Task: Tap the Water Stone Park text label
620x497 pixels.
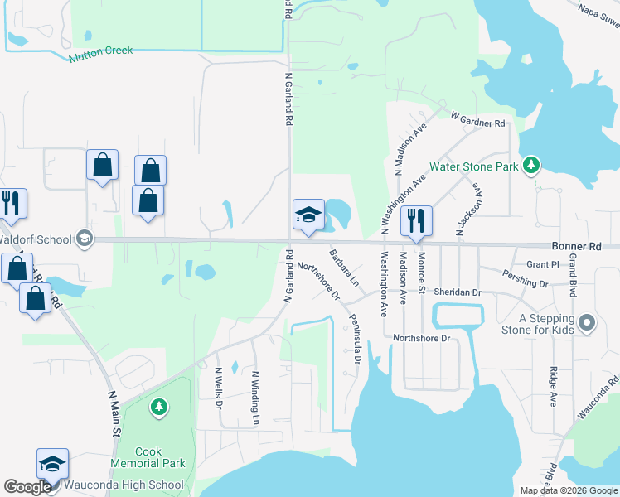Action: [474, 166]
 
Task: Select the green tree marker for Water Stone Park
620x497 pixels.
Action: [531, 166]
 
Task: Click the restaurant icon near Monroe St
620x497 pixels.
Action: [416, 220]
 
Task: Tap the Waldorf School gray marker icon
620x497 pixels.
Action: [84, 239]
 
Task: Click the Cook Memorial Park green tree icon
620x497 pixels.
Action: [159, 408]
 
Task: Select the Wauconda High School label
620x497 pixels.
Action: [134, 485]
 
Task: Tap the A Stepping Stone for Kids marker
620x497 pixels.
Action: [587, 323]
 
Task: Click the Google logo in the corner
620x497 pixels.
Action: [27, 487]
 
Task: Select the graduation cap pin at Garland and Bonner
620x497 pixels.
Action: [307, 215]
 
